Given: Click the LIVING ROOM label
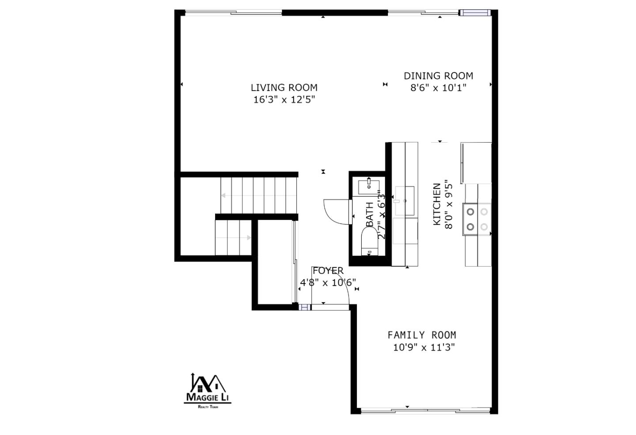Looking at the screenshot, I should pos(284,87).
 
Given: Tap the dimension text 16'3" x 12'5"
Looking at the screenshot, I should pos(284,100).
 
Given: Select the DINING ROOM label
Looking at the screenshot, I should pos(438,76).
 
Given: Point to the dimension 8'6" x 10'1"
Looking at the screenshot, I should pos(438,87).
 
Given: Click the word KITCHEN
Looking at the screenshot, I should pos(436,204).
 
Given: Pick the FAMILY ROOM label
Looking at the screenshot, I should pos(422,335).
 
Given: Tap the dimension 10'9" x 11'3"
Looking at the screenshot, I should pos(424,347).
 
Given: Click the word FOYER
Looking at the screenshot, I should pos(328,270).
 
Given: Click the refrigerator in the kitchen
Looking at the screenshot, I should pos(476,163).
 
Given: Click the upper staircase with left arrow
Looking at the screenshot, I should pos(259,195).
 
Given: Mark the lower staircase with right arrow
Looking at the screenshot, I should pos(233,238).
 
